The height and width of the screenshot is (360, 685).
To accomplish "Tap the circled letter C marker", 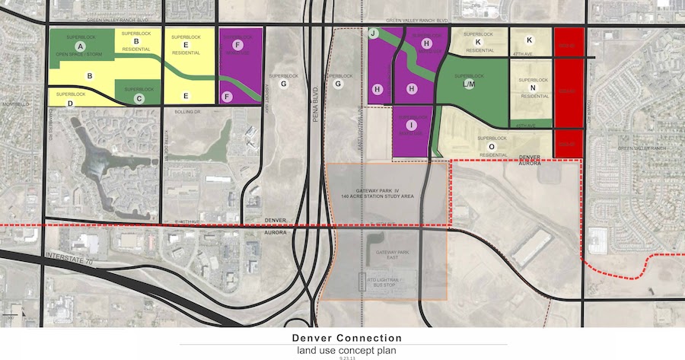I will (138, 97).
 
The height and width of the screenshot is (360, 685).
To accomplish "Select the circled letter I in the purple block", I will (412, 125).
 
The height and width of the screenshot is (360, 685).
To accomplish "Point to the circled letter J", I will (373, 34).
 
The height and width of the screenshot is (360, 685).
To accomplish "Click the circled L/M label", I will (469, 85).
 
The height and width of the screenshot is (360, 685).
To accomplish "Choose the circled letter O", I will (492, 146).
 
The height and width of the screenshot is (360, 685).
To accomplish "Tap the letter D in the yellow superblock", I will (70, 103).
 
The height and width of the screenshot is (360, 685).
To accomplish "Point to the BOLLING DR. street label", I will (177, 110).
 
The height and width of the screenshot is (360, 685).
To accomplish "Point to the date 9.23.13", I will (342, 356).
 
